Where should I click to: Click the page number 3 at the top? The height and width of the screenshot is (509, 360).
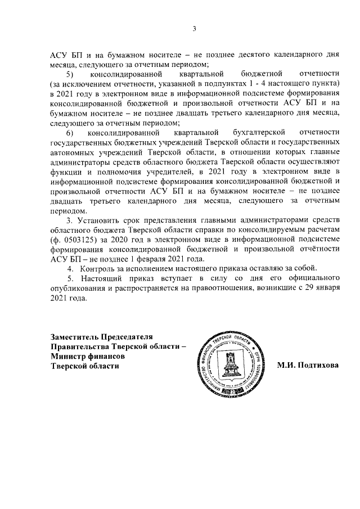point(193,29)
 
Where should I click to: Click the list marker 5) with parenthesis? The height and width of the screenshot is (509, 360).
point(70,74)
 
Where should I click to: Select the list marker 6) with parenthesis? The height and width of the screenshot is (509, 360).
point(70,133)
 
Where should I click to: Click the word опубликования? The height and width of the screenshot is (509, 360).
point(78,288)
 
